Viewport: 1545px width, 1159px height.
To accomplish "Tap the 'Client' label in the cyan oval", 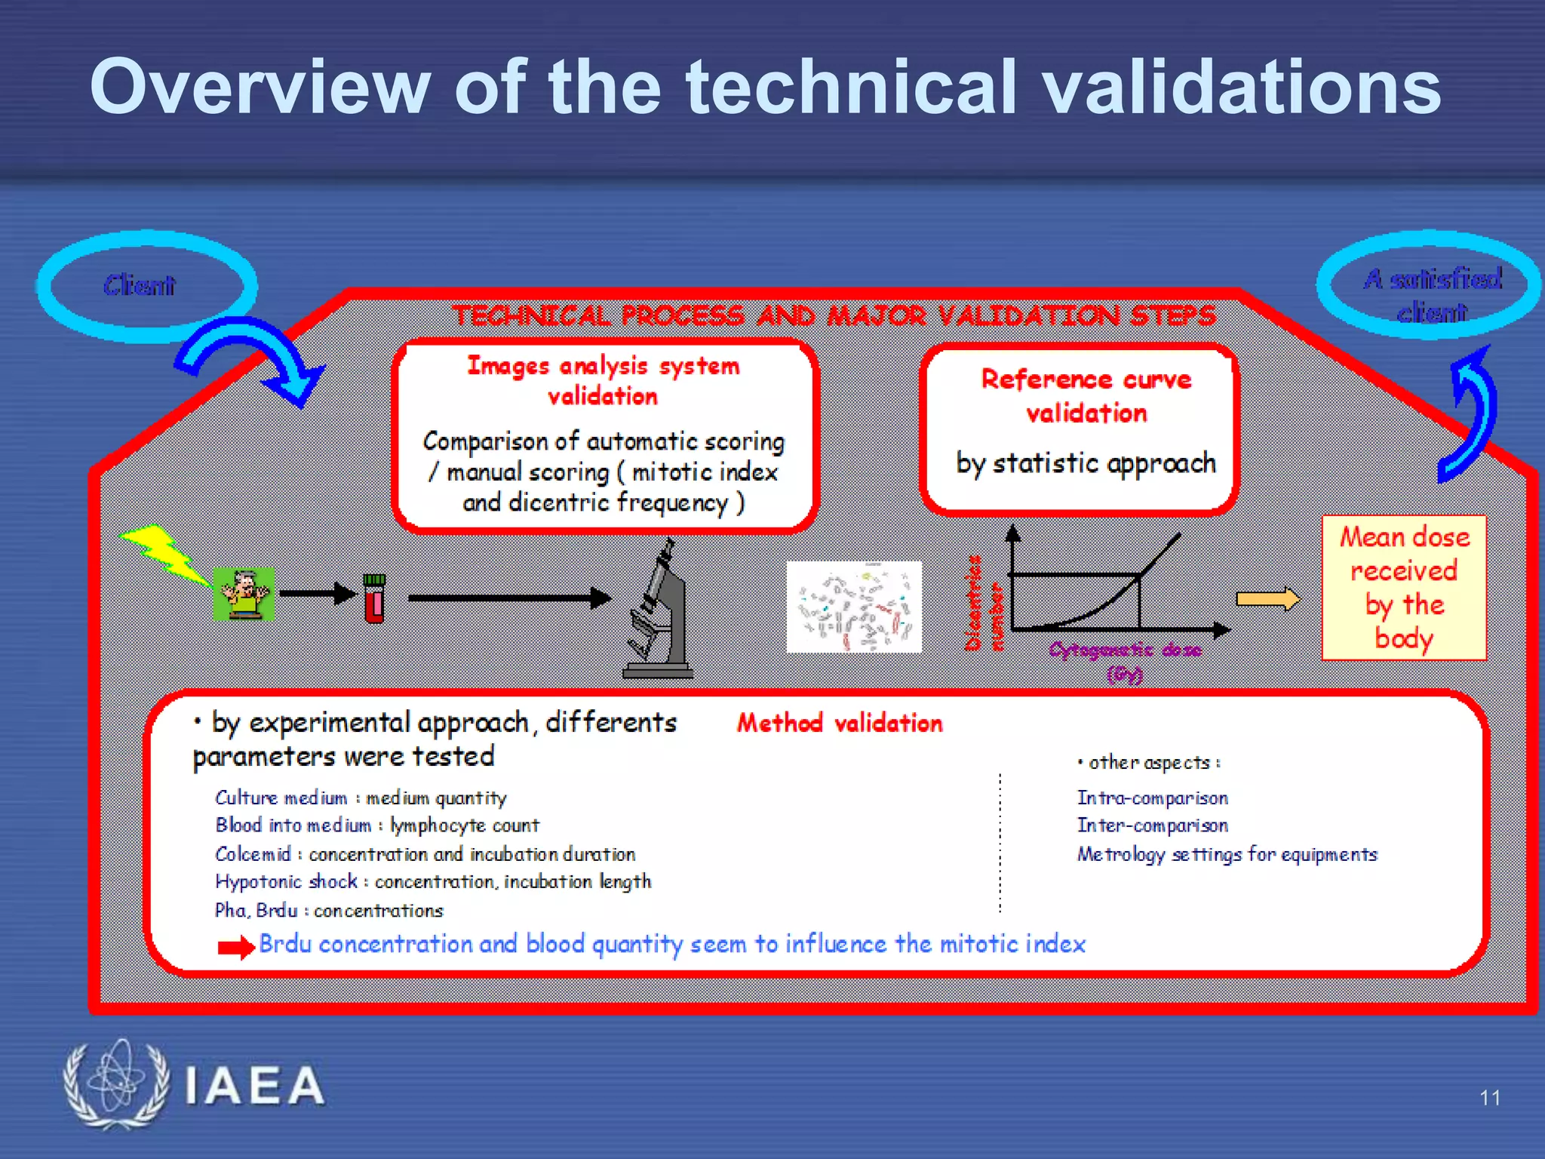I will (x=140, y=285).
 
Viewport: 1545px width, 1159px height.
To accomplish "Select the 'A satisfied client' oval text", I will (x=1432, y=294).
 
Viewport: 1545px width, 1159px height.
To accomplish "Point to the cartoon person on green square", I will (x=244, y=595).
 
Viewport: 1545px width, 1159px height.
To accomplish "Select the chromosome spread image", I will (x=854, y=607).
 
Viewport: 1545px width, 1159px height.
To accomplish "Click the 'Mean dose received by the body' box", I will (x=1404, y=588).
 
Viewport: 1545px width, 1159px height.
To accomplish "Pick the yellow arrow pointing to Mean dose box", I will (x=1267, y=599).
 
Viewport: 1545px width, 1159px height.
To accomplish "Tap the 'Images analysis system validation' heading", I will (x=604, y=380).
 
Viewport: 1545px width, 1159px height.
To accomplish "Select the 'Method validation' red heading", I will (x=840, y=723).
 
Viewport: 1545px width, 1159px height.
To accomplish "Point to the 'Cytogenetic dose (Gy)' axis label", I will (x=1125, y=660).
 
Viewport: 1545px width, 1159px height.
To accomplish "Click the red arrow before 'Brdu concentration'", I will (x=235, y=947).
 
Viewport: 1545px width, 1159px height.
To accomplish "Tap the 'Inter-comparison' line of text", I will (x=1152, y=825).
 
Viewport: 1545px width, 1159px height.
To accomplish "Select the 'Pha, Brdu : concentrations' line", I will (x=329, y=911).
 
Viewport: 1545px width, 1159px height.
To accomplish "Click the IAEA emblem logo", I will (x=115, y=1084).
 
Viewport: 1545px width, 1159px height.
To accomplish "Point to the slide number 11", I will (x=1489, y=1098).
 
